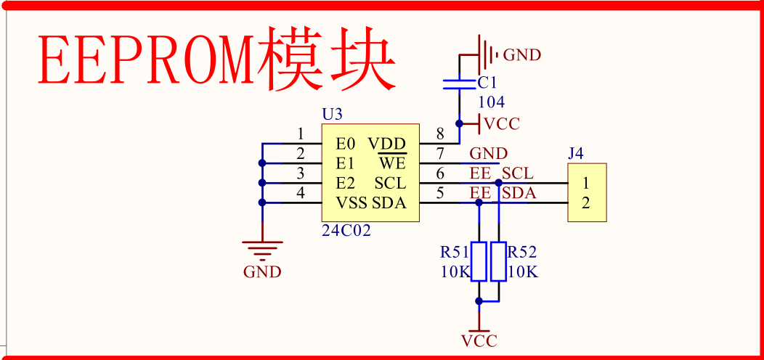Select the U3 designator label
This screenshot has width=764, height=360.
point(332,115)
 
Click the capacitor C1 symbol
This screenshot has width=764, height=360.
point(458,83)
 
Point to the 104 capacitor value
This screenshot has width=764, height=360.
point(491,102)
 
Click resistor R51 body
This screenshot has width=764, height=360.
point(479,262)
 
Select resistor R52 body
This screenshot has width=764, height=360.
point(498,262)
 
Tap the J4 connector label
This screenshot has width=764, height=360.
point(576,153)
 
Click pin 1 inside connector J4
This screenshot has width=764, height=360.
point(586,182)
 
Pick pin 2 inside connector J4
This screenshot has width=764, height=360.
point(586,202)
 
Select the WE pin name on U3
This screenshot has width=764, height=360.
point(392,163)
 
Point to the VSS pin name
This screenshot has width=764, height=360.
point(351,202)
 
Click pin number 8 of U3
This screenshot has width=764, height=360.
point(440,134)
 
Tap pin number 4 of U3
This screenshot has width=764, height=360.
point(301,193)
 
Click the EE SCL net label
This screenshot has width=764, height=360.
point(501,173)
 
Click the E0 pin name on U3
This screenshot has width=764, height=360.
point(346,143)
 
